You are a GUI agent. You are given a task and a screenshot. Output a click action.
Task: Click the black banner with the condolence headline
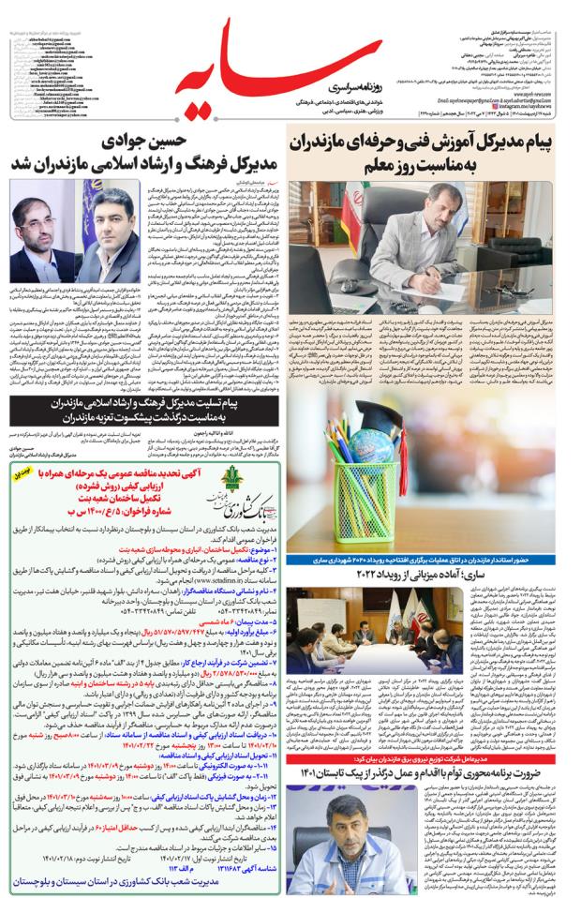coord(141,407)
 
